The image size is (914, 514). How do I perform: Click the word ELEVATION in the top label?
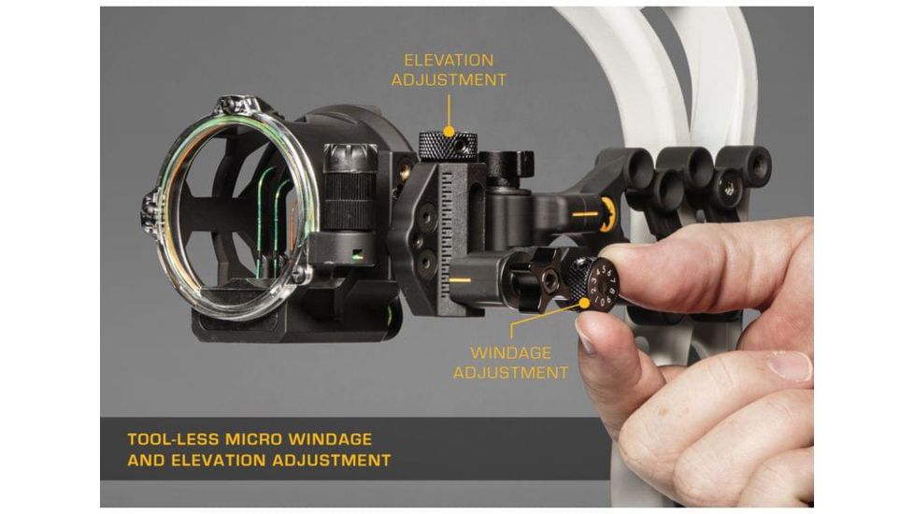pos(449,60)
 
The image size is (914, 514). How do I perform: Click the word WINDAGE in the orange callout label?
pos(510,352)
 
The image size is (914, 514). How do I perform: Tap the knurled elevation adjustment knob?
pos(448,146)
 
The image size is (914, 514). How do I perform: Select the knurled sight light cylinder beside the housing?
pos(350,187)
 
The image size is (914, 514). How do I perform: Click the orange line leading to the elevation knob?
pos(449,113)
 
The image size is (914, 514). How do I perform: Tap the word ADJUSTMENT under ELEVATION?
pos(449,79)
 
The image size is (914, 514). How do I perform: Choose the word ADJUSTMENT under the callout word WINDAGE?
pos(510,372)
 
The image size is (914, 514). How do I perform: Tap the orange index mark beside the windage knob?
pos(461,280)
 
